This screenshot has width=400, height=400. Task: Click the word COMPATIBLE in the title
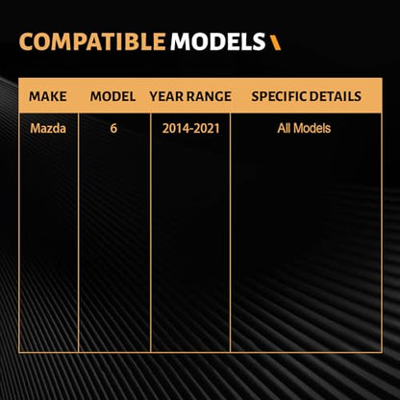click(92, 42)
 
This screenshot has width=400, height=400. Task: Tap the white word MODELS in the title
click(217, 42)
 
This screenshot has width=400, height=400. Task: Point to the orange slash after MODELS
click(275, 43)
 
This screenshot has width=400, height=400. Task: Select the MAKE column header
click(48, 96)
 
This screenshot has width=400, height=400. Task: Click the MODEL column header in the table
click(112, 96)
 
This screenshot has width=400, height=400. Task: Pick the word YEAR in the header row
click(166, 96)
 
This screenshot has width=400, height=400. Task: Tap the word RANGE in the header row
click(209, 96)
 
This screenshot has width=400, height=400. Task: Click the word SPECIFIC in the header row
click(277, 96)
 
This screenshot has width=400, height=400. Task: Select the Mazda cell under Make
click(48, 129)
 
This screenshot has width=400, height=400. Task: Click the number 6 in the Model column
click(113, 129)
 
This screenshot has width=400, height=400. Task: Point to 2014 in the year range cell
click(174, 129)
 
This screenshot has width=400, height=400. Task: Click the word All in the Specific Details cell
click(285, 128)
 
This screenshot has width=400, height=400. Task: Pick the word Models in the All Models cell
click(312, 128)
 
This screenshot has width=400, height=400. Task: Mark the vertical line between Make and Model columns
click(78, 233)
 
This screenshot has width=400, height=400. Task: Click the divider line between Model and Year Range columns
click(151, 233)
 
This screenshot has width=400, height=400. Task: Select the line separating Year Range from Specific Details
click(230, 233)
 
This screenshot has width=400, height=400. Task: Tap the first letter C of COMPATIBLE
click(26, 42)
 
